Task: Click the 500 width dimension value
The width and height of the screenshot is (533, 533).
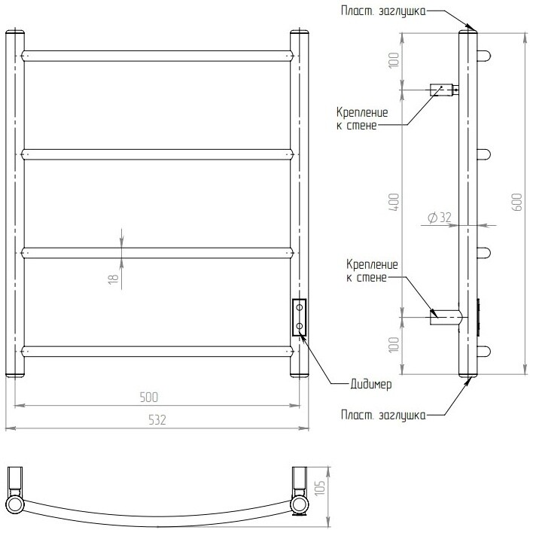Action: pyautogui.click(x=149, y=397)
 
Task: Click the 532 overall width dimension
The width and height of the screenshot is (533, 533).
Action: pyautogui.click(x=157, y=420)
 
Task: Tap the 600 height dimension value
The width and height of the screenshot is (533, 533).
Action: pyautogui.click(x=517, y=202)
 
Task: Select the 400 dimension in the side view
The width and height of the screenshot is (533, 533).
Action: pyautogui.click(x=394, y=202)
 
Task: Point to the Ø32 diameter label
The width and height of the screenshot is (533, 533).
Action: pyautogui.click(x=439, y=218)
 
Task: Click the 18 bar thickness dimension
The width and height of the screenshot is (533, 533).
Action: pyautogui.click(x=113, y=279)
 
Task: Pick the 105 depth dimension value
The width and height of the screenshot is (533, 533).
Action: pyautogui.click(x=321, y=487)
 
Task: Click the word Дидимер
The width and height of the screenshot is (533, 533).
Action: pyautogui.click(x=371, y=385)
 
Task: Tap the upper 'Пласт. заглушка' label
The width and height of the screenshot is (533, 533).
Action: pyautogui.click(x=383, y=11)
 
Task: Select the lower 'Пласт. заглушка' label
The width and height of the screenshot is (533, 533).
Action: pyautogui.click(x=383, y=415)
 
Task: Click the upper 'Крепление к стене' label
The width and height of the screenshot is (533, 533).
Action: pyautogui.click(x=362, y=119)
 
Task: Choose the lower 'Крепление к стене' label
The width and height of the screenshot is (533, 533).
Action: pyautogui.click(x=372, y=270)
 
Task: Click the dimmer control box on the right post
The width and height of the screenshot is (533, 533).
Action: pyautogui.click(x=300, y=317)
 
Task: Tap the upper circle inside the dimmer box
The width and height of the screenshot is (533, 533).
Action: pyautogui.click(x=300, y=308)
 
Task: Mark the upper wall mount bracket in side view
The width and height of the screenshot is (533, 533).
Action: pyautogui.click(x=444, y=90)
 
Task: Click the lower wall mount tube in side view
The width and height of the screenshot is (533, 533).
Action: pyautogui.click(x=446, y=318)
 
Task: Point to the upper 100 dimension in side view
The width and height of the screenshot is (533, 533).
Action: pyautogui.click(x=394, y=60)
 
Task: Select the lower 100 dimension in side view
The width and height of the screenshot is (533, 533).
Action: pyautogui.click(x=394, y=345)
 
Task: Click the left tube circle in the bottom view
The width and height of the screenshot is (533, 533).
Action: pyautogui.click(x=15, y=504)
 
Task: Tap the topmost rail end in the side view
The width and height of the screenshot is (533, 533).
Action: pyautogui.click(x=484, y=56)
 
